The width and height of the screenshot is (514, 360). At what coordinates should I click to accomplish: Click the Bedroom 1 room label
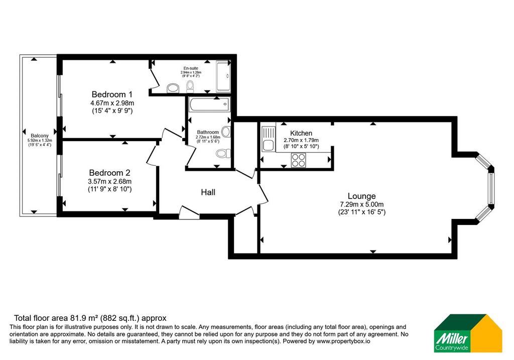click(x=112, y=94)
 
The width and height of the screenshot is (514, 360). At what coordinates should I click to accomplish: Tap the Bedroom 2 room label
click(x=109, y=173)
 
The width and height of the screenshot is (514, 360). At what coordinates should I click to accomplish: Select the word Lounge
click(x=361, y=196)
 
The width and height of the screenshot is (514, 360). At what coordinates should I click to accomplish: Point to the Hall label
click(x=208, y=192)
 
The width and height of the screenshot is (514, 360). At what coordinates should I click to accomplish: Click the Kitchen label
click(x=301, y=133)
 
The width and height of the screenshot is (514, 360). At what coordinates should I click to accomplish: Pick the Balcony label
click(x=40, y=136)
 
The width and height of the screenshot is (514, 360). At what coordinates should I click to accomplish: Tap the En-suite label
click(x=191, y=68)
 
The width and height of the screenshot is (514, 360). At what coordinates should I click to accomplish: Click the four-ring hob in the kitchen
click(x=298, y=160)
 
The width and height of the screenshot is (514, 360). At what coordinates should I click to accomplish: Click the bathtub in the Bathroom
click(x=209, y=104)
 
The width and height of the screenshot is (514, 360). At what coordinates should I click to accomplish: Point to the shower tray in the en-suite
click(x=223, y=76)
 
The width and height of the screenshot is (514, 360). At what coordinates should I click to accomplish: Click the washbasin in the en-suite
click(x=173, y=88)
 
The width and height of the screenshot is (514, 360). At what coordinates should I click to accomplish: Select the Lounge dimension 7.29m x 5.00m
click(x=361, y=204)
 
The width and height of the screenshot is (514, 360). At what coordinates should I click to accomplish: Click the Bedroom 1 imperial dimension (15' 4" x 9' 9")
click(x=112, y=111)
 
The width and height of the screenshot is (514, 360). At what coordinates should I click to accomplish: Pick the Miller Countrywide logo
click(x=468, y=333)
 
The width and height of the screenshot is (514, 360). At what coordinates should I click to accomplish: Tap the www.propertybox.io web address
click(x=343, y=341)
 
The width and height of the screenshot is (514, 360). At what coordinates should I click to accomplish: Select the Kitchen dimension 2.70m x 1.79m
click(x=301, y=140)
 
